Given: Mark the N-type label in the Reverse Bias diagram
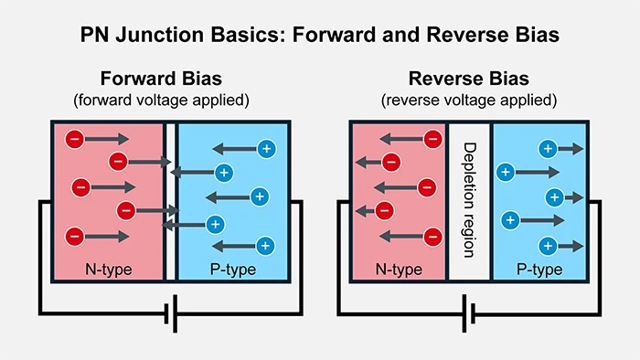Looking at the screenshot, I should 400,270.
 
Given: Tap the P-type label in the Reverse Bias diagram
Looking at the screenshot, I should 539,270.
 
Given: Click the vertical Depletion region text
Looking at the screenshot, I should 470,193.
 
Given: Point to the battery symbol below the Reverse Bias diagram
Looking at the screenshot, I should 469,313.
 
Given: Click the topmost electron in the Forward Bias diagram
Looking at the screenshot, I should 75,139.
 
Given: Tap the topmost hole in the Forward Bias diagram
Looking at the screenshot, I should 266,147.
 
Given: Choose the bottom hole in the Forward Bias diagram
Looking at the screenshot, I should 265,245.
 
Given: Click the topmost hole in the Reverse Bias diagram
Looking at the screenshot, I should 547,147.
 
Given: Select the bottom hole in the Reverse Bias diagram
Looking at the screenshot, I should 547,245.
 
